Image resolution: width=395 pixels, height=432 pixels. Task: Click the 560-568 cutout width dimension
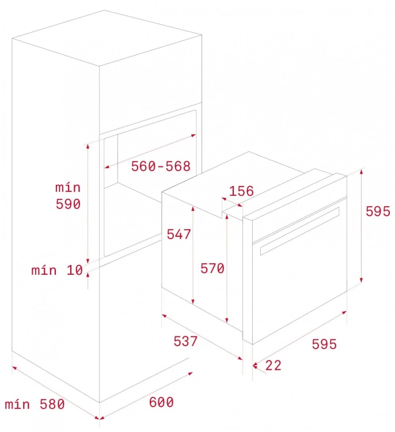point(161,166)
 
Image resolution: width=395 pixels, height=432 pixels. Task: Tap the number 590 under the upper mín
point(68,204)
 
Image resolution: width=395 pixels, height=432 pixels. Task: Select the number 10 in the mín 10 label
point(75,270)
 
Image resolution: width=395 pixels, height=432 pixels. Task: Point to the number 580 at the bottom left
point(52,404)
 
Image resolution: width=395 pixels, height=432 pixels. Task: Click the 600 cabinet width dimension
point(161,402)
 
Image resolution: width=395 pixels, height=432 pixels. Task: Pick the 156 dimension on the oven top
point(241,191)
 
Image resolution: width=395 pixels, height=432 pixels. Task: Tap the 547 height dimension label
point(178,234)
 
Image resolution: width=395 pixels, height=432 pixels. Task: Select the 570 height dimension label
point(212,268)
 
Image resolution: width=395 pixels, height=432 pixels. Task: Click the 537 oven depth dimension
point(185,341)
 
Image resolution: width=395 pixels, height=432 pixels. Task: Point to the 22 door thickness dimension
point(274,365)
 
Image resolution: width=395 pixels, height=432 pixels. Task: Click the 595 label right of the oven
point(378,211)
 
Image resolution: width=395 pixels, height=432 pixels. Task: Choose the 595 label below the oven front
point(324,344)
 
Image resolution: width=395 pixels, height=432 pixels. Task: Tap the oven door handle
point(299,231)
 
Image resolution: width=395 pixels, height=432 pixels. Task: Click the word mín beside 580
point(17,404)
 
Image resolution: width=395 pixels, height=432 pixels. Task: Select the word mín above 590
point(68,188)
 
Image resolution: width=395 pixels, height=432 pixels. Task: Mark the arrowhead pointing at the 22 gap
point(255,366)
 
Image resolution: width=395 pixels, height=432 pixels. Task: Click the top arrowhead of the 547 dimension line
point(193,209)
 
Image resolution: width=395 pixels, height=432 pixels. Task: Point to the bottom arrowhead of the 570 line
point(227,320)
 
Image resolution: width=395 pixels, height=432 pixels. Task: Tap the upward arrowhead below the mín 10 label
point(88,275)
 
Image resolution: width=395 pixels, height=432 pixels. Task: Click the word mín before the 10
point(44,271)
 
